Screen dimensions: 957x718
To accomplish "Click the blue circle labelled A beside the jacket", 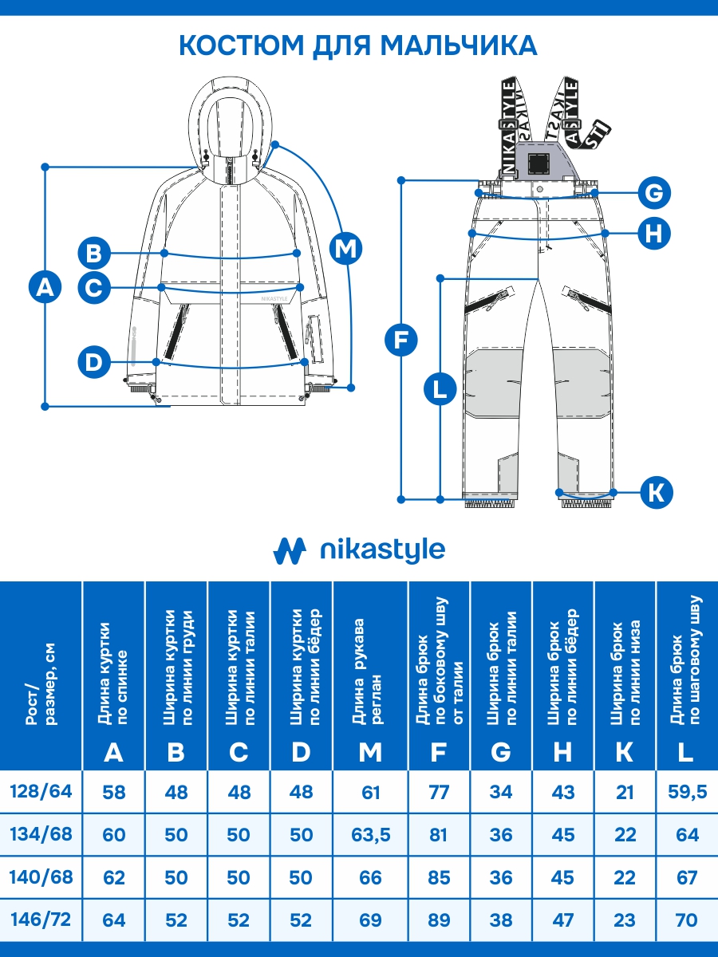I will pyautogui.click(x=45, y=287).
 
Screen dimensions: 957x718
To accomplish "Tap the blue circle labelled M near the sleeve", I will pyautogui.click(x=345, y=248).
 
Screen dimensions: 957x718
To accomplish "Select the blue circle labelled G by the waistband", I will pyautogui.click(x=653, y=193).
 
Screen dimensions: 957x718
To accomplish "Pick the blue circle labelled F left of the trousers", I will pyautogui.click(x=400, y=341).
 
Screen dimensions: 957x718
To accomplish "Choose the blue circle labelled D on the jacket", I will pyautogui.click(x=94, y=363).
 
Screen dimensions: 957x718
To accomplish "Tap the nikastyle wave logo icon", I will pyautogui.click(x=290, y=549).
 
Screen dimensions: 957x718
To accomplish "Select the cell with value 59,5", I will pyautogui.click(x=687, y=792).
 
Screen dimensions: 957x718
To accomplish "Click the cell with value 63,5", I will pyautogui.click(x=370, y=835).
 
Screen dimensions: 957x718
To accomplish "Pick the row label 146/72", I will pyautogui.click(x=41, y=920).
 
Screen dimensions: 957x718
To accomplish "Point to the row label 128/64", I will pyautogui.click(x=41, y=792).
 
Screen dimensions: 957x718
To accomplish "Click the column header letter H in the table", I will pyautogui.click(x=563, y=751).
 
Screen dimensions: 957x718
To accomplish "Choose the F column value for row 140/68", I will pyautogui.click(x=439, y=877).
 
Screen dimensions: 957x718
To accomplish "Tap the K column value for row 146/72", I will pyautogui.click(x=625, y=920).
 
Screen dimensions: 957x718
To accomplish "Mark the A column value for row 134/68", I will pyautogui.click(x=114, y=835).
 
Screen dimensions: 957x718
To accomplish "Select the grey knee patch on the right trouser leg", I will pyautogui.click(x=578, y=381).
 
